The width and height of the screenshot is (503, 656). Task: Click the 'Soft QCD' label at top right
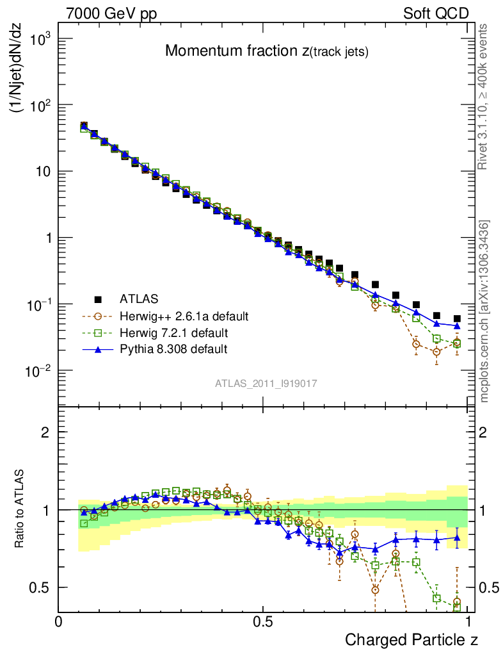436,13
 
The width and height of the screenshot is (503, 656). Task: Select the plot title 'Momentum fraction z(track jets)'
266,52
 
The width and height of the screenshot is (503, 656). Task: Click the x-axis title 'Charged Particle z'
411,639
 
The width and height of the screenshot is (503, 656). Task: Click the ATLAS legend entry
128,299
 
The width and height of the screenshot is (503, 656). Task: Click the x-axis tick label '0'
59,621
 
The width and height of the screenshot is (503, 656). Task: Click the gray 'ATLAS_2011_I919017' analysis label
266,384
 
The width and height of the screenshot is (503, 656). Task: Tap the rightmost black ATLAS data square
457,318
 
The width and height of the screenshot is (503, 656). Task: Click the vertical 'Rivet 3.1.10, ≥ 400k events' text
484,97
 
